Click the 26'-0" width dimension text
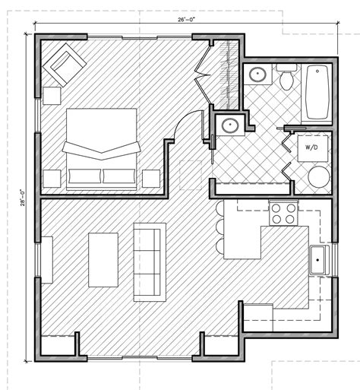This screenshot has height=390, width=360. [187, 20]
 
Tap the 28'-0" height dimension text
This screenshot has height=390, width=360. [23, 198]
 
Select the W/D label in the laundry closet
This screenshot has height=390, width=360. [311, 147]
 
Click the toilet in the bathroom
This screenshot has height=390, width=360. [286, 77]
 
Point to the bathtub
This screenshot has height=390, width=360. [317, 92]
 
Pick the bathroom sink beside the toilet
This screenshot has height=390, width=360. [257, 74]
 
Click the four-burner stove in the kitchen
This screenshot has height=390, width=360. [283, 213]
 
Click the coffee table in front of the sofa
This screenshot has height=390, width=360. [103, 260]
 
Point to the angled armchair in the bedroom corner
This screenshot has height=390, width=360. [65, 65]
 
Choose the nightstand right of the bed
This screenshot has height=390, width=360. [151, 179]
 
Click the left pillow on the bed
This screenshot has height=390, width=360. [85, 176]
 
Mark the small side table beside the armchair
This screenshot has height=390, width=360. [52, 96]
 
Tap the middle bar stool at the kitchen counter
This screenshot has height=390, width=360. [219, 226]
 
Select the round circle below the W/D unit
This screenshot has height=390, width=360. [319, 177]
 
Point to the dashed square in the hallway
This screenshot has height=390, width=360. [191, 175]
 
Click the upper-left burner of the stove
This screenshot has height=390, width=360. [276, 208]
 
